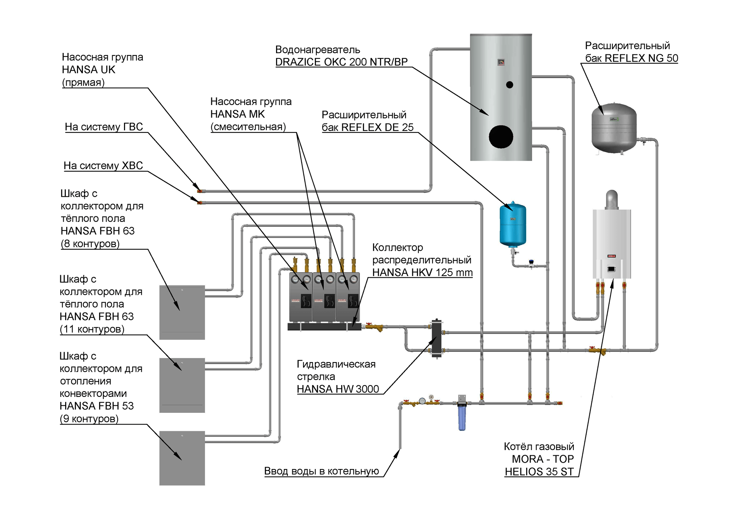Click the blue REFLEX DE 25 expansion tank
click(x=512, y=225)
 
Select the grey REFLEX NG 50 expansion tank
click(x=614, y=128)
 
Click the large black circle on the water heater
click(x=501, y=136)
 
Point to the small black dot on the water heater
click(x=509, y=85)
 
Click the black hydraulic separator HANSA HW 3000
click(x=437, y=338)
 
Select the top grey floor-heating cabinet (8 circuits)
click(x=182, y=313)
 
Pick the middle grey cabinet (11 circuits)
click(x=182, y=385)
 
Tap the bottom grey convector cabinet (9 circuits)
click(x=182, y=458)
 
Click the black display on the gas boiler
click(x=611, y=269)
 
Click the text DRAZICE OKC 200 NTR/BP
click(x=342, y=62)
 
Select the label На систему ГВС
click(x=104, y=127)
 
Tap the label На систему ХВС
click(x=103, y=165)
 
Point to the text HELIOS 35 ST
click(x=539, y=472)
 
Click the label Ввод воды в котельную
click(x=322, y=471)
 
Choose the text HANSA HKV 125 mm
click(x=423, y=272)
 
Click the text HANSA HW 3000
click(x=338, y=389)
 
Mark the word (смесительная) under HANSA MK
click(x=248, y=126)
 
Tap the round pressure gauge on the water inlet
click(x=423, y=401)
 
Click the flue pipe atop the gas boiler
click(x=612, y=200)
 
